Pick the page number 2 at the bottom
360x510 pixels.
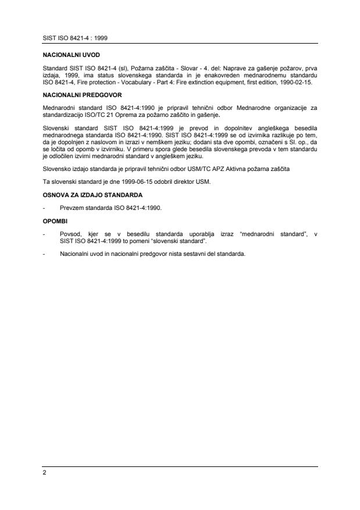[45, 473]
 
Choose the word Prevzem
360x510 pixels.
[72, 208]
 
